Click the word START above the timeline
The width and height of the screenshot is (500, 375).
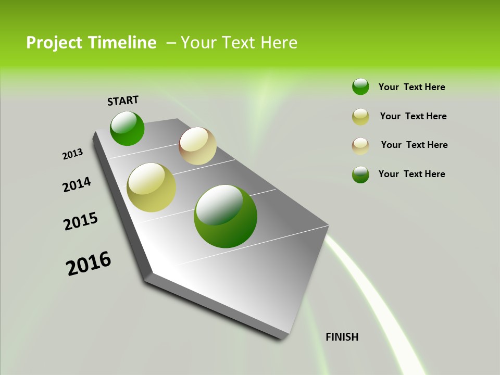pos(123,101)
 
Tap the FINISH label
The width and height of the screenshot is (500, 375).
pos(342,337)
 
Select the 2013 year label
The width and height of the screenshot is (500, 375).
pos(72,154)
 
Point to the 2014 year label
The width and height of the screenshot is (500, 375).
pos(77,184)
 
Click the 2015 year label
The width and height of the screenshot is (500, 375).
pos(81,221)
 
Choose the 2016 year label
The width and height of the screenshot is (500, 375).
pos(89,264)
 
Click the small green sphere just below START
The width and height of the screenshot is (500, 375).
pos(127,129)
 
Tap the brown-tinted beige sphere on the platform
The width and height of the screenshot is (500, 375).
pos(197,146)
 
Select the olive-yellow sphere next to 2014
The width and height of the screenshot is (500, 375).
pos(152,187)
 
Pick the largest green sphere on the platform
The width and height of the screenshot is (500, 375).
pos(226,216)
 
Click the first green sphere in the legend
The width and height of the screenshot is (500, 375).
pos(360,87)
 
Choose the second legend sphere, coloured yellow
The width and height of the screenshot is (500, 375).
pos(360,117)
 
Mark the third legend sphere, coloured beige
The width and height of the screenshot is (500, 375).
pos(360,146)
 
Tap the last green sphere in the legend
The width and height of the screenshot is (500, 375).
pos(360,174)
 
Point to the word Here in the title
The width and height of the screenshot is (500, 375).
pos(279,43)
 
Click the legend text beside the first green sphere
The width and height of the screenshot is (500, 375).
pos(411,87)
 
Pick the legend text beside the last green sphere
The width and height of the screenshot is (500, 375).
pos(411,174)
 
